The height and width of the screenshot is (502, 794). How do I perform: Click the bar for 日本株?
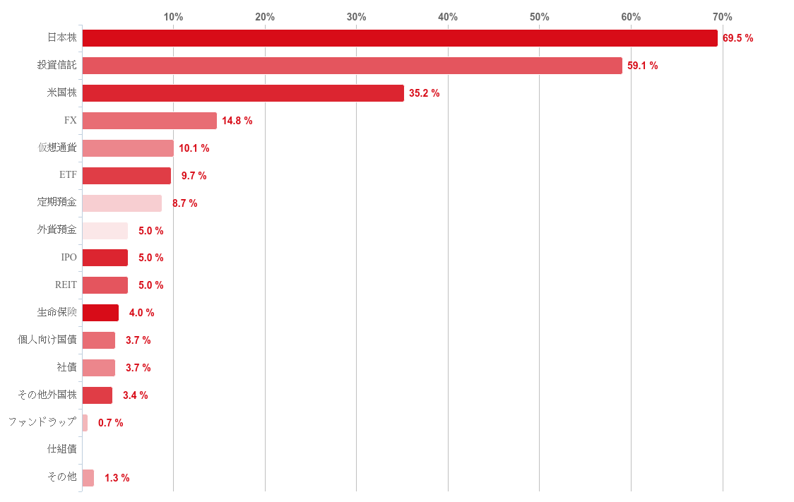click(399, 38)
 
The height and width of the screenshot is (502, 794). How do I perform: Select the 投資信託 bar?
click(352, 66)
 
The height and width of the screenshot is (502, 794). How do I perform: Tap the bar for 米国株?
click(243, 93)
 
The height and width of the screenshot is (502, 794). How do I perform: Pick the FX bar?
click(149, 121)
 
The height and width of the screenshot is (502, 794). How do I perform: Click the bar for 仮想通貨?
click(128, 148)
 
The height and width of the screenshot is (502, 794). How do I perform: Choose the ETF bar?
click(126, 176)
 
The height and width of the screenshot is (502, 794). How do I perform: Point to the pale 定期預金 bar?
click(122, 203)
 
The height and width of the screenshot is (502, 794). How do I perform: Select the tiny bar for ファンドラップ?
click(85, 423)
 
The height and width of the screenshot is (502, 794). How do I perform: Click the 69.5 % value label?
click(737, 38)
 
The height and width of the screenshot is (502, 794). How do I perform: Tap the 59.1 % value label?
click(642, 66)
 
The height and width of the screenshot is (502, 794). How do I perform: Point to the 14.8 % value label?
click(237, 121)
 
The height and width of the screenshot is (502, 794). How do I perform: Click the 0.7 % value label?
click(110, 423)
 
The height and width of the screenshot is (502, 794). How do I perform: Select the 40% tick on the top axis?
click(448, 17)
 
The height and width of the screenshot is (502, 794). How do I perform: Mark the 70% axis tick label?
click(722, 17)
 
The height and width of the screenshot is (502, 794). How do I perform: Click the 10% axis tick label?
click(174, 17)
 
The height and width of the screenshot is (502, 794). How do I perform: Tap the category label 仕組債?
click(61, 449)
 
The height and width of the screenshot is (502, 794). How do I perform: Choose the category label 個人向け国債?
click(47, 340)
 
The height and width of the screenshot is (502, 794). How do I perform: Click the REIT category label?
click(66, 285)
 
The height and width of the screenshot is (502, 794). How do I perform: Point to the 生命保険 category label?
click(57, 312)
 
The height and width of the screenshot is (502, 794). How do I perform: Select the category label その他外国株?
click(47, 395)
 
